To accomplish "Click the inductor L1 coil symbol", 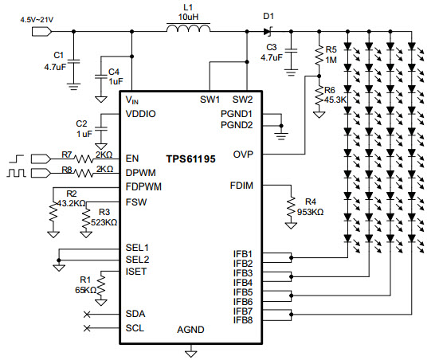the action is (188, 28).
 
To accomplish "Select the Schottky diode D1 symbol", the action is (268, 31).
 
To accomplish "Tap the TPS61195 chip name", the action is (190, 159).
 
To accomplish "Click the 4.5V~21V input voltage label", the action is (37, 20).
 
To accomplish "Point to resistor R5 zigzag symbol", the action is (319, 56).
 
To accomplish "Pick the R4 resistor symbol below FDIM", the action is (291, 206).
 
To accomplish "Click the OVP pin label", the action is (243, 155).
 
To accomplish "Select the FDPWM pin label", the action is (143, 186).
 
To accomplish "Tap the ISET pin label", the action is (136, 272).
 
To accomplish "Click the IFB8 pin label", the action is (243, 320).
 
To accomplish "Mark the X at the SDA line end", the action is (87, 315).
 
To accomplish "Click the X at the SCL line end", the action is (87, 328).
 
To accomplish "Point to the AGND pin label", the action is (190, 330).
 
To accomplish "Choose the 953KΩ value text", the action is (310, 212).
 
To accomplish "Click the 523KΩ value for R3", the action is (104, 222).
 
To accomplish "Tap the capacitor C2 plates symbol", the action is (101, 128).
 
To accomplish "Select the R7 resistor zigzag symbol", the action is (84, 159).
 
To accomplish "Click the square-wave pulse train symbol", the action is (17, 173).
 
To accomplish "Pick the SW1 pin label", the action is (210, 100).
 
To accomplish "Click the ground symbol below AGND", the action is (191, 354).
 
